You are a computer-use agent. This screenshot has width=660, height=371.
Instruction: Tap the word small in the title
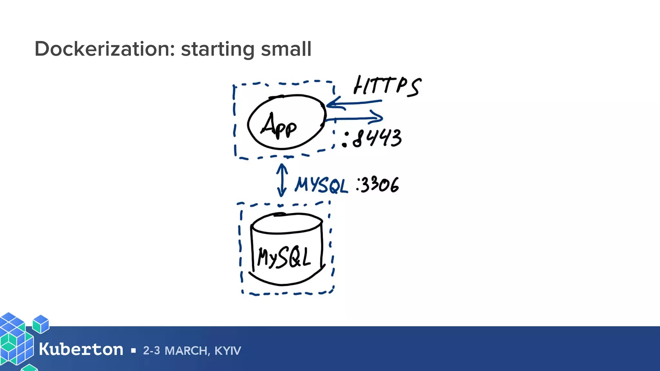click(x=286, y=49)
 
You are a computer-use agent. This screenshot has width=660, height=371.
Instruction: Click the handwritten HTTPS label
click(x=387, y=86)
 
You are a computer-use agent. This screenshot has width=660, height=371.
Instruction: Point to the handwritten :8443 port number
click(x=373, y=138)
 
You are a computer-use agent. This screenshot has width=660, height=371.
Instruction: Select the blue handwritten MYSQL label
click(x=321, y=185)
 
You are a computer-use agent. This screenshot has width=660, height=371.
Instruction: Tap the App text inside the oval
click(x=279, y=126)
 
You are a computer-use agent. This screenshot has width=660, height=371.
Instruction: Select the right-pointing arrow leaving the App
click(x=354, y=118)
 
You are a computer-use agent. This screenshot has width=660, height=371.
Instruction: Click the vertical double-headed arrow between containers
click(x=282, y=180)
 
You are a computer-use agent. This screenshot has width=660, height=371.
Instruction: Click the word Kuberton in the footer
click(x=81, y=349)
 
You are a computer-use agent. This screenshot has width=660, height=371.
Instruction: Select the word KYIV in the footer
click(x=228, y=351)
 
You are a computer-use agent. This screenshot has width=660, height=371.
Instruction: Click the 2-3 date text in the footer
click(x=151, y=351)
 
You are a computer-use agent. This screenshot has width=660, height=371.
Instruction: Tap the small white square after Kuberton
click(x=133, y=350)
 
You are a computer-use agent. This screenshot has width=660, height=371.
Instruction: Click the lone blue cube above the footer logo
click(x=41, y=324)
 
